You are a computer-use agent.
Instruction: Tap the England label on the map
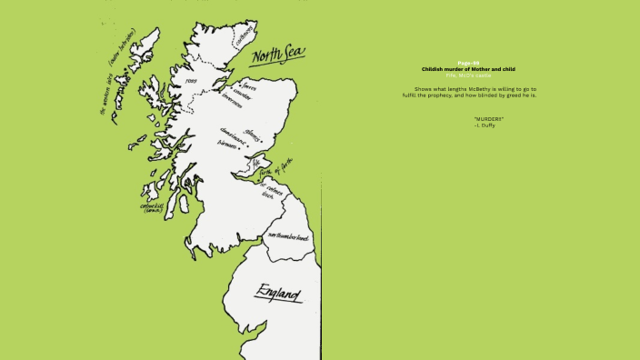[278, 294]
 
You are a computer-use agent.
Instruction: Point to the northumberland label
[287, 236]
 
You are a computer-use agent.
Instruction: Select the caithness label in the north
[244, 34]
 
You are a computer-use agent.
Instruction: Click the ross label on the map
[191, 80]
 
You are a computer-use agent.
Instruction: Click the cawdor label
[243, 94]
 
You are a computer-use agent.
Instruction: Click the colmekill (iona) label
[152, 207]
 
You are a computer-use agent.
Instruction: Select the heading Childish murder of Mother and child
[468, 69]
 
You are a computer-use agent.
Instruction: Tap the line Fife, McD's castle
[468, 75]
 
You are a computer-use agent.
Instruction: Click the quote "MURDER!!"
[488, 119]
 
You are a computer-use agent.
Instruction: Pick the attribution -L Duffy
[485, 125]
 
